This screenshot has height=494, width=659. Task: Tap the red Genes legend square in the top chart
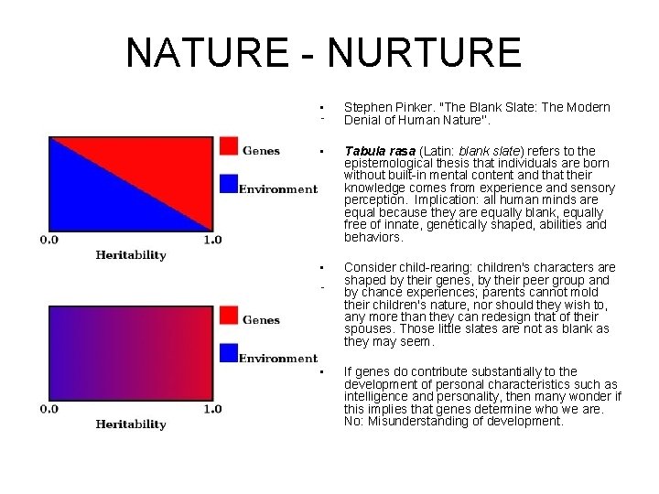tap(229, 147)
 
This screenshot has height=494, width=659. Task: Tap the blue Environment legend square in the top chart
tap(229, 184)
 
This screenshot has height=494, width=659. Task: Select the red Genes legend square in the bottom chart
tap(229, 317)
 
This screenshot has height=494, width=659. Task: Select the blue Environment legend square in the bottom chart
tap(229, 353)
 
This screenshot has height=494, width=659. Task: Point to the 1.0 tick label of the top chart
tap(211, 240)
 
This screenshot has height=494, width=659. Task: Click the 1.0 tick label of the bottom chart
tap(211, 409)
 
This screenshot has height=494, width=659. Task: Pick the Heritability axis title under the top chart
tap(131, 255)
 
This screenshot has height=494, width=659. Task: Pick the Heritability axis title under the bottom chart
tap(131, 424)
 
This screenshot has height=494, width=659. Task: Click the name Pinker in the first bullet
tap(411, 107)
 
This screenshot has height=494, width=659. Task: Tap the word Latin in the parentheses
tap(441, 151)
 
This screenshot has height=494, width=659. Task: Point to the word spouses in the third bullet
tap(370, 329)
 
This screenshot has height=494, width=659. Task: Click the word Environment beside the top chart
tap(277, 189)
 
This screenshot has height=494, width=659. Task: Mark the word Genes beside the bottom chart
tap(261, 320)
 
